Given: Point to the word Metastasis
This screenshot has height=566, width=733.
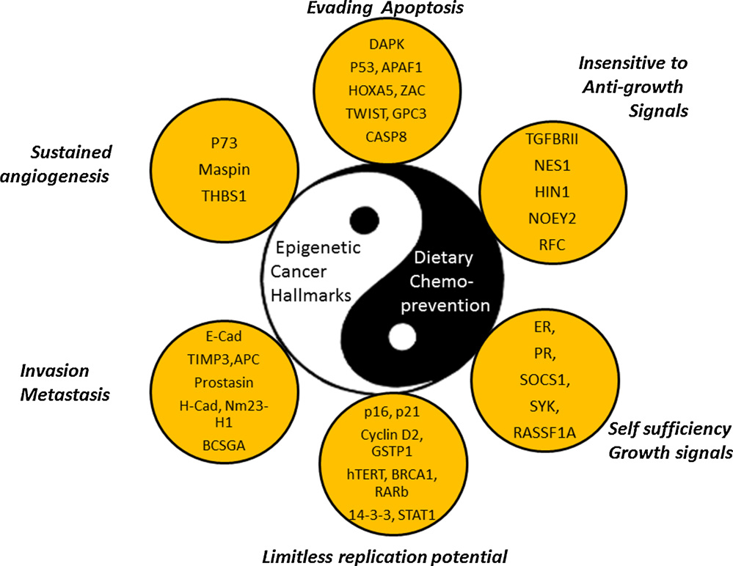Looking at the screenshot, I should tap(65, 394).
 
